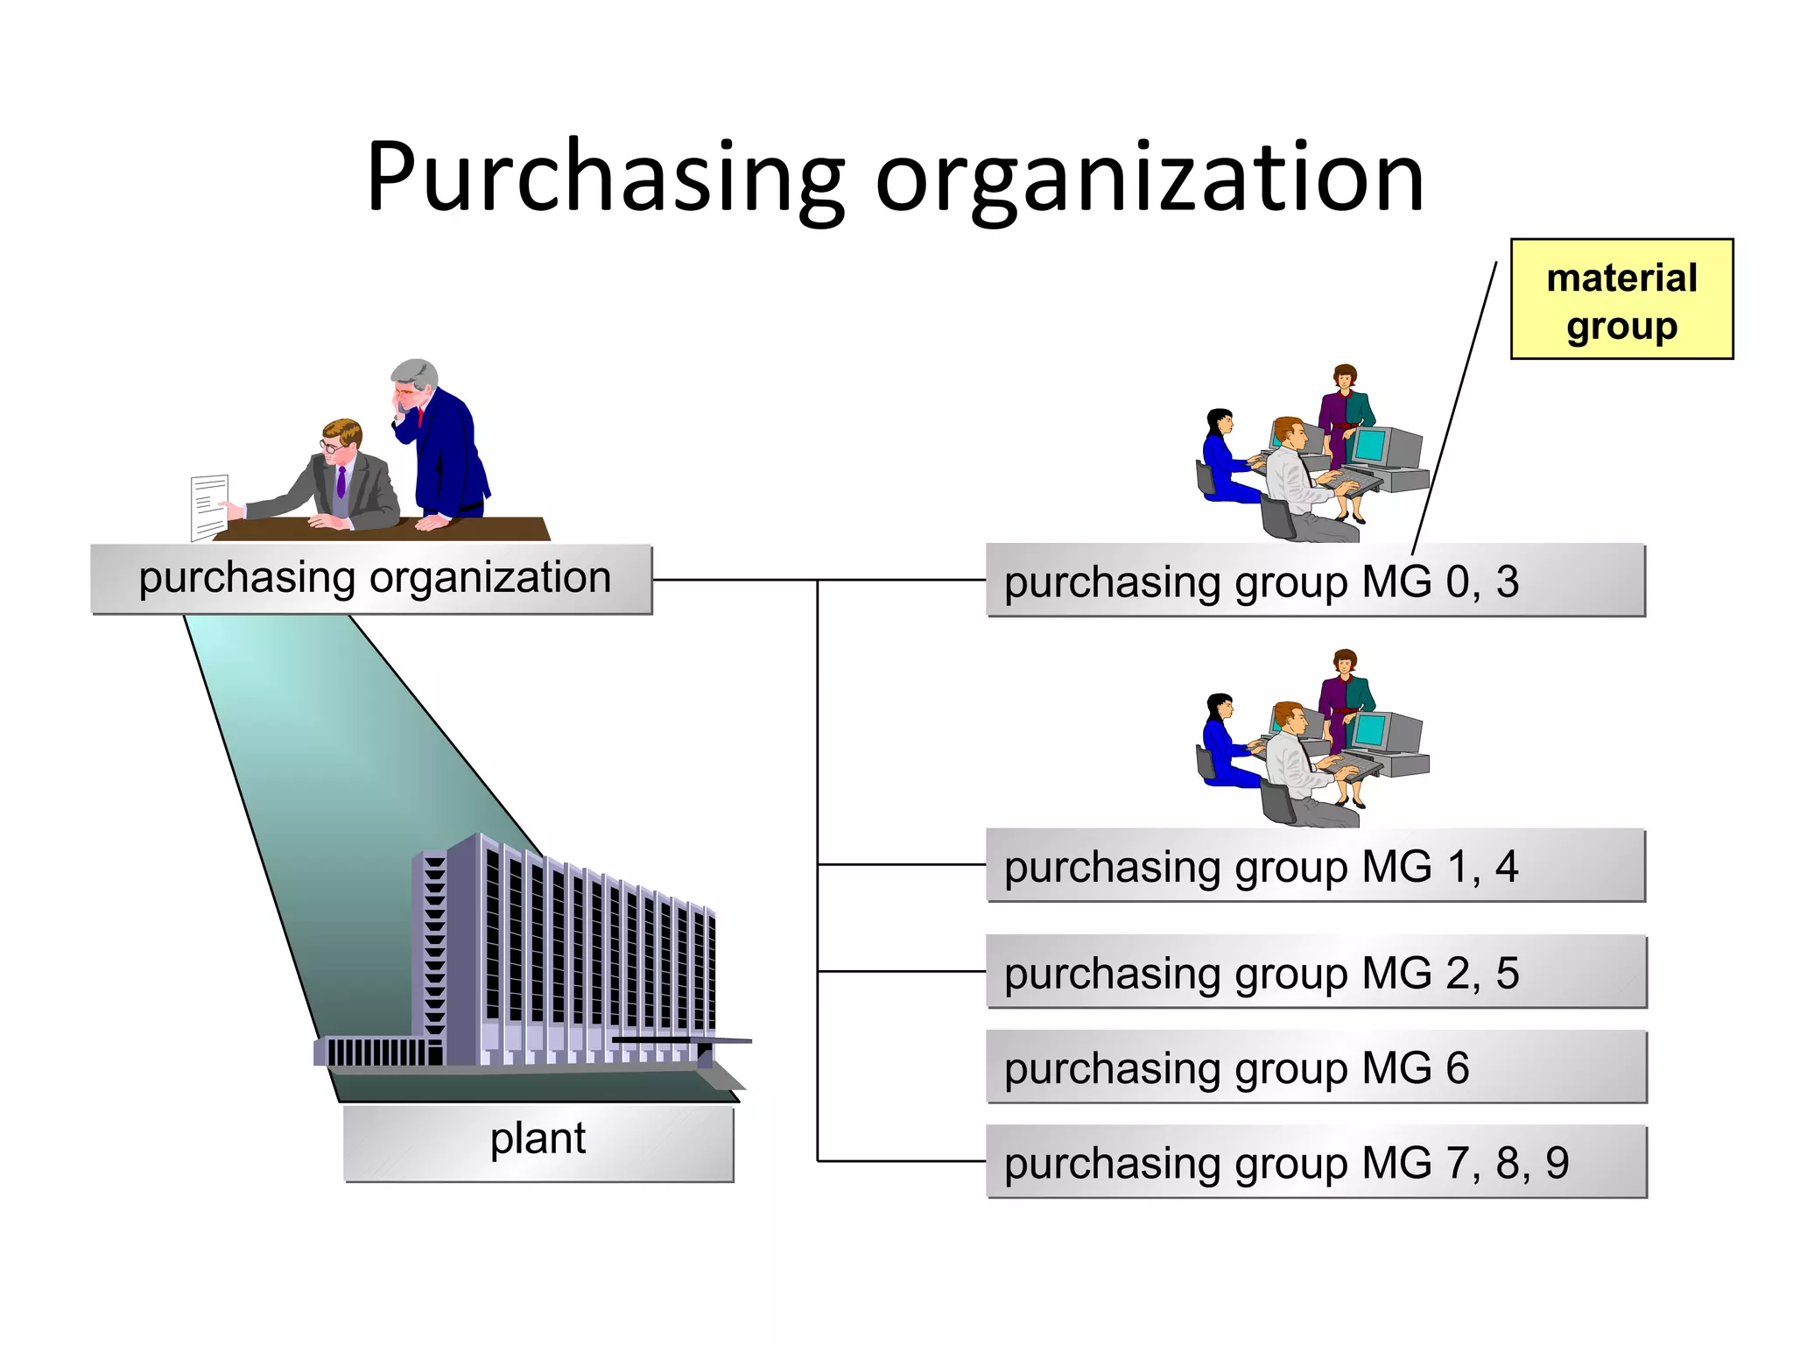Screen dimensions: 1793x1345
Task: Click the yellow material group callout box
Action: click(x=1621, y=299)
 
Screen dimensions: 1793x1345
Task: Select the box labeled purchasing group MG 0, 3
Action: click(x=1315, y=581)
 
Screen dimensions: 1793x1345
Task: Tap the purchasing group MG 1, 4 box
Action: click(x=1315, y=865)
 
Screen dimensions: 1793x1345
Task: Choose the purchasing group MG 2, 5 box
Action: click(x=1315, y=972)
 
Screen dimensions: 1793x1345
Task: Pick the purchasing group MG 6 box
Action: click(x=1315, y=1067)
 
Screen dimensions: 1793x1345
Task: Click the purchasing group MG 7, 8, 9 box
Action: click(x=1315, y=1162)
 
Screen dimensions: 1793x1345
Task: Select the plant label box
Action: click(x=538, y=1143)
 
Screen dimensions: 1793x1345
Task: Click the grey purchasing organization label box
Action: click(x=372, y=579)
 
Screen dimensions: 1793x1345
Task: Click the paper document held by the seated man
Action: click(x=209, y=505)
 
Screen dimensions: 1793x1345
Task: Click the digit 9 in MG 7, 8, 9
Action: click(x=1557, y=1163)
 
